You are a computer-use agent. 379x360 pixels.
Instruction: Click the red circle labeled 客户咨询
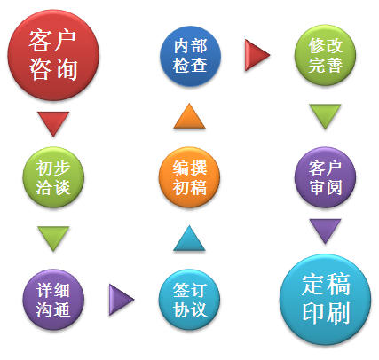click(53, 55)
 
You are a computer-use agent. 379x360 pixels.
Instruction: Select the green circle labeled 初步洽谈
click(53, 177)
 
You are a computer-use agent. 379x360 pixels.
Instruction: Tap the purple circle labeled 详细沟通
click(53, 300)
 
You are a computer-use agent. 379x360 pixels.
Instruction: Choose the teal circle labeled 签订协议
click(189, 300)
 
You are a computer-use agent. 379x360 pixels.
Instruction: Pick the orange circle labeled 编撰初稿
click(189, 177)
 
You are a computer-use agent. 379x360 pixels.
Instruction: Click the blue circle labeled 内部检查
click(190, 56)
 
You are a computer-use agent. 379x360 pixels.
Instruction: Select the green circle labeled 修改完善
click(325, 55)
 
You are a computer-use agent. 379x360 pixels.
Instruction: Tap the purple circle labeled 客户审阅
click(325, 177)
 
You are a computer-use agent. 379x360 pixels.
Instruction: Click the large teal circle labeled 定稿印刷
click(325, 300)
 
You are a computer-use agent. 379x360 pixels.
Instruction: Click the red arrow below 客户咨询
click(53, 121)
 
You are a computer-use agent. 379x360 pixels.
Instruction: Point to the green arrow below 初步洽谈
click(53, 237)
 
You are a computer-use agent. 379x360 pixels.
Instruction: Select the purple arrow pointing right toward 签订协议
click(120, 300)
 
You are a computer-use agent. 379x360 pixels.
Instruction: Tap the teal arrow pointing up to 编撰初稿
click(189, 240)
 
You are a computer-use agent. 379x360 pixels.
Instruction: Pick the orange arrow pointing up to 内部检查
click(189, 118)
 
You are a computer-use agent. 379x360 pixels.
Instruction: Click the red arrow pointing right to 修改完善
click(256, 55)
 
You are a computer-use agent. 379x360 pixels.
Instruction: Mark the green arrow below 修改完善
click(325, 114)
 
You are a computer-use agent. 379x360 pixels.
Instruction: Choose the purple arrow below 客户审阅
click(325, 229)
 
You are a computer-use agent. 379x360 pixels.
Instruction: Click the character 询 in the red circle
click(66, 69)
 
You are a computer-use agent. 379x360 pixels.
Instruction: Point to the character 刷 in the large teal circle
click(338, 312)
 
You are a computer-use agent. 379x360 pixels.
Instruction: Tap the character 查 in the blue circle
click(199, 65)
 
